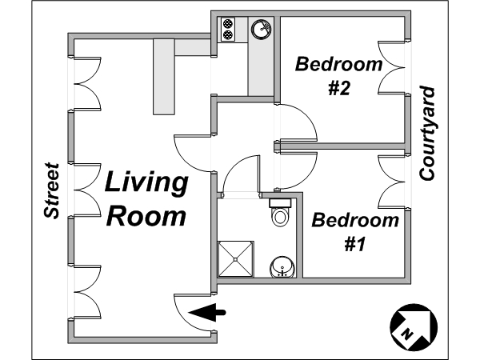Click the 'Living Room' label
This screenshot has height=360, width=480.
point(146,199)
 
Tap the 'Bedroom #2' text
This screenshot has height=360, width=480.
point(339,76)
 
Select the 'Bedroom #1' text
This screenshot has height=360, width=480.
point(355,231)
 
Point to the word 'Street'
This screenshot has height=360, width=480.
point(51,190)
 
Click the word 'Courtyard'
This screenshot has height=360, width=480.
point(426,134)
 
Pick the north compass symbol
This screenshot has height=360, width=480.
point(414,327)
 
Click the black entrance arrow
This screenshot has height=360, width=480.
point(207,313)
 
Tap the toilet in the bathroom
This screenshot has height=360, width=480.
point(279,213)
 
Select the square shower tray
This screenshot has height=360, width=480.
point(235,259)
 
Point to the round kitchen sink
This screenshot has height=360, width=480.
point(262,29)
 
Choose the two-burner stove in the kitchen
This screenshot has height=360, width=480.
point(228,29)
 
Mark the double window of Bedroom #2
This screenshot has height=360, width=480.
point(391,67)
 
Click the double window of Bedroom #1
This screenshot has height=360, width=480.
point(391,182)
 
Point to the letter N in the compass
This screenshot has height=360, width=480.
point(407,334)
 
